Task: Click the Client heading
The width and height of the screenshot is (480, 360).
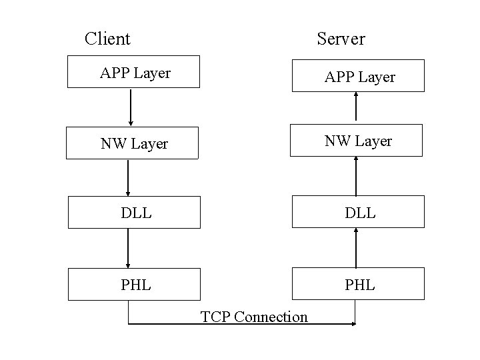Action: tap(107, 39)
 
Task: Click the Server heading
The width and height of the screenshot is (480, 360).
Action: tap(341, 39)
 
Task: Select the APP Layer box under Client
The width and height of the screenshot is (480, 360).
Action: tap(133, 72)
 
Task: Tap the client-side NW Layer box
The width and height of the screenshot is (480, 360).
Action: tap(132, 143)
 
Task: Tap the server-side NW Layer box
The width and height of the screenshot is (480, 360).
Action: tap(356, 140)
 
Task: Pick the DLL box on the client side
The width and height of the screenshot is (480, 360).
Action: tap(133, 212)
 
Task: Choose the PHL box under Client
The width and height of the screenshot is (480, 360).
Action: tap(133, 284)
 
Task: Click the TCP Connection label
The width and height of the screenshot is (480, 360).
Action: tap(254, 317)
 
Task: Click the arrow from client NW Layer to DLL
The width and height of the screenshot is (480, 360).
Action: tap(128, 177)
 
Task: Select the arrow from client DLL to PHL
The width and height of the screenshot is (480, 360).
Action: tap(128, 248)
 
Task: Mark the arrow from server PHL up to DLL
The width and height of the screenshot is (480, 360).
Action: tap(356, 247)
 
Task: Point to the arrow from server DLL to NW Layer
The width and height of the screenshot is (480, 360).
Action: tap(356, 176)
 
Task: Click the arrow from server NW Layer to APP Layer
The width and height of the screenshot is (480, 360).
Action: tap(356, 107)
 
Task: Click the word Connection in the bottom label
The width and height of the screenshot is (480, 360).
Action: tap(271, 317)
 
